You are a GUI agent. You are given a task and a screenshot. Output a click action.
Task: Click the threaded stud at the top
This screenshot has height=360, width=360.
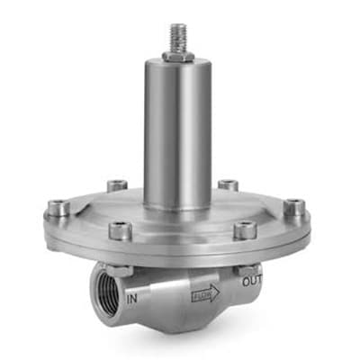(178, 38)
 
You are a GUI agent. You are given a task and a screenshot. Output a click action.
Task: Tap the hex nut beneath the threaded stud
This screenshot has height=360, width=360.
(178, 56)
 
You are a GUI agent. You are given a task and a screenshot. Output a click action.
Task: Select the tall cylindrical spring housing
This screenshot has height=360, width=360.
(178, 133)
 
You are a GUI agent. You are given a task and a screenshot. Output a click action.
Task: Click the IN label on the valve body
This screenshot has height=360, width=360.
(132, 299)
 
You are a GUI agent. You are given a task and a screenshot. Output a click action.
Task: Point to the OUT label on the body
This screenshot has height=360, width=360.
(252, 281)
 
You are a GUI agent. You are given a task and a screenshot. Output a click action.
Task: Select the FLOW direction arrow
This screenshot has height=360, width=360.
(205, 292)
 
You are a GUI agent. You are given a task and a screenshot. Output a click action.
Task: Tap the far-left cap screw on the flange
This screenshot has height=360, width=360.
(58, 208)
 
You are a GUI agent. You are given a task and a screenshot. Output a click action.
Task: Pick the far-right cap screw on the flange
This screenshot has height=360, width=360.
(294, 207)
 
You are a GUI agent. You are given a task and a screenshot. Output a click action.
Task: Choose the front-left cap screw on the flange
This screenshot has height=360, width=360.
(121, 230)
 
